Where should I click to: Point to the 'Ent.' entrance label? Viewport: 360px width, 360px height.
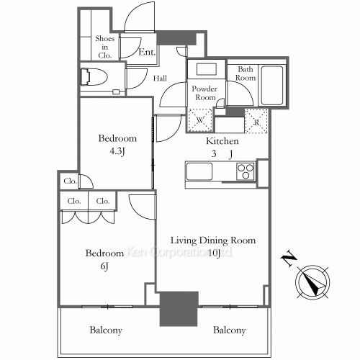[147, 51]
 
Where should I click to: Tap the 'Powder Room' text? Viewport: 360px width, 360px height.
[205, 93]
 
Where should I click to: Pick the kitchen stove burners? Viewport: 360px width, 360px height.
[245, 173]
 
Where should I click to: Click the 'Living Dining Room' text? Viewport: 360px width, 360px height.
[213, 240]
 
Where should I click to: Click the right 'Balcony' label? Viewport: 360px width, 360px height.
[230, 330]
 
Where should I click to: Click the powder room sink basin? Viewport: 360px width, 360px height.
[207, 71]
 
